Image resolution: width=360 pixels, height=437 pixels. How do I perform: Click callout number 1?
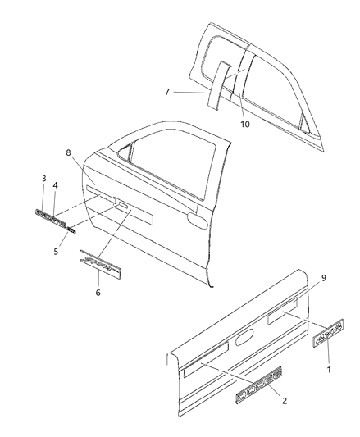pyautogui.click(x=329, y=369)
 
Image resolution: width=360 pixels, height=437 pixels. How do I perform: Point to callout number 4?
pyautogui.click(x=56, y=186)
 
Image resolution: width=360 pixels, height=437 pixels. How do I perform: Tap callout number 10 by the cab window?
pyautogui.click(x=244, y=124)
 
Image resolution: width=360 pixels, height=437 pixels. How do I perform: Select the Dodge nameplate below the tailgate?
pyautogui.click(x=259, y=383)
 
